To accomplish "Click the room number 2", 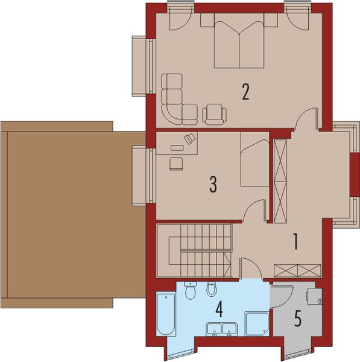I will coord(245,92).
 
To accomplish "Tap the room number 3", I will coord(212,185).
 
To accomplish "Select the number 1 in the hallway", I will coord(295,242).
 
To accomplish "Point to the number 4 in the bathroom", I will coord(220,310).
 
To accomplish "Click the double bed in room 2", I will coord(239,45).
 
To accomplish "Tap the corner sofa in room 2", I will coord(175,100).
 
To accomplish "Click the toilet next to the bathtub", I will coord(191,292).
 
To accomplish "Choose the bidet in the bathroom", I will coord(211,290).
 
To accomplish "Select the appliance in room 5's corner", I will coord(314,297).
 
